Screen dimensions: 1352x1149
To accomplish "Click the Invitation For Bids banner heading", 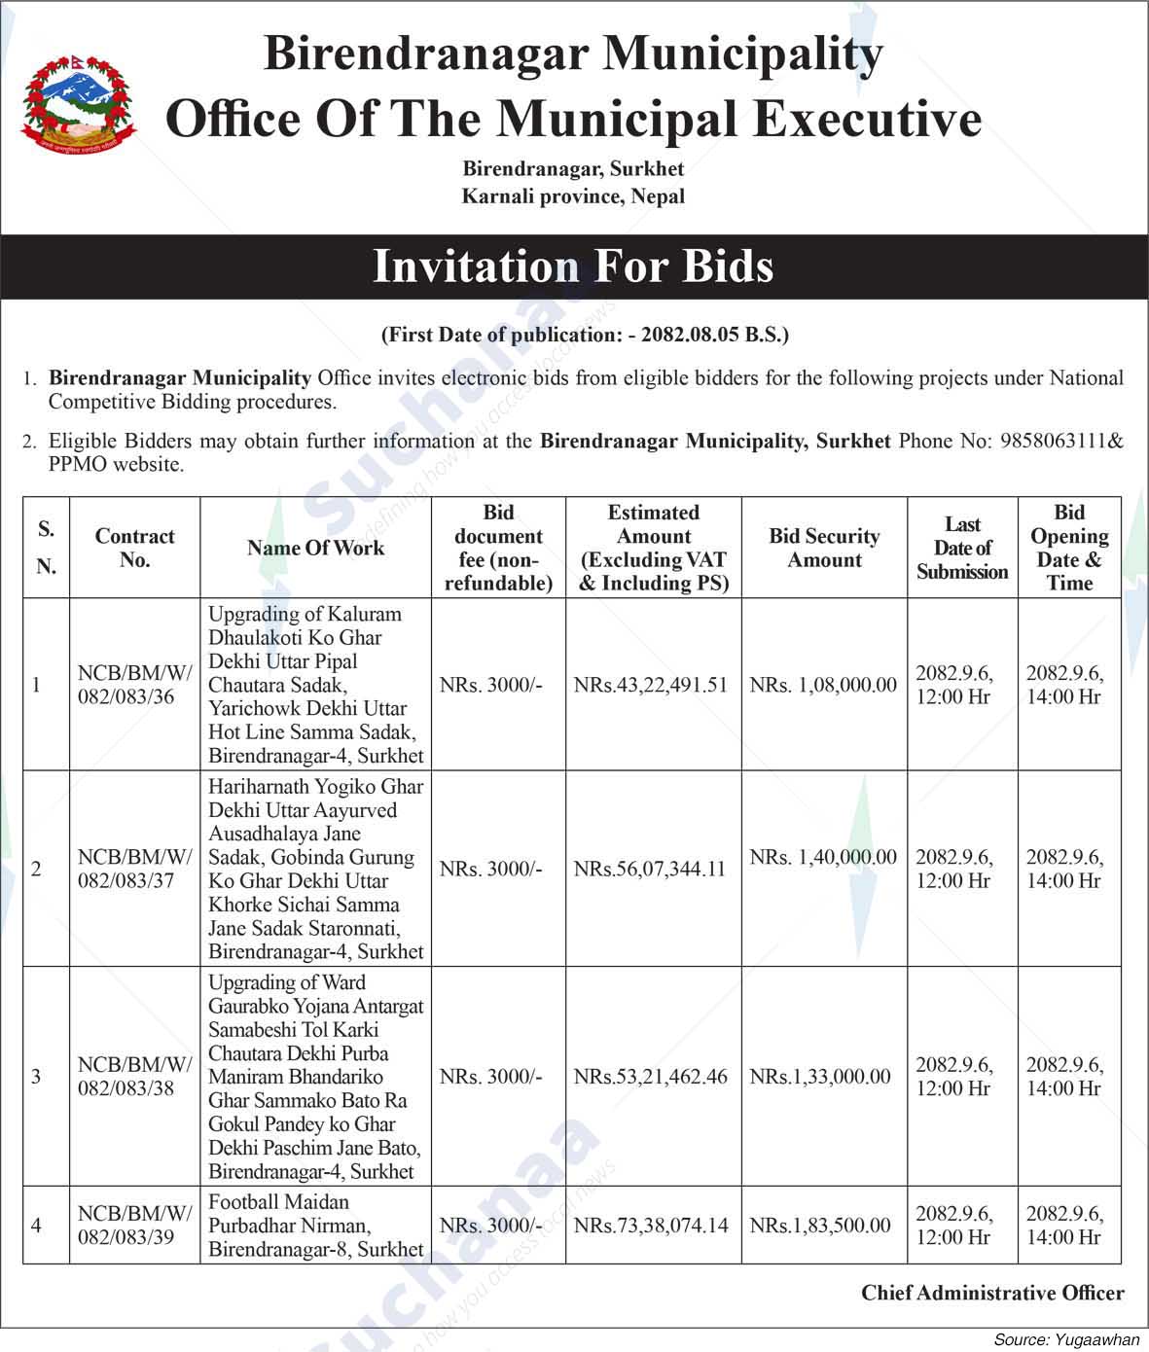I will pos(573,266).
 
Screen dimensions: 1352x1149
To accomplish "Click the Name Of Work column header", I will pos(315,548).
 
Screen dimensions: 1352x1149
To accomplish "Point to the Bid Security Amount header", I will pos(824,548).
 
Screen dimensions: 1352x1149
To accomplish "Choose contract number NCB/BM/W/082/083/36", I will pos(134,685).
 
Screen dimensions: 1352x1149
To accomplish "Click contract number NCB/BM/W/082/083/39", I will pos(134,1225).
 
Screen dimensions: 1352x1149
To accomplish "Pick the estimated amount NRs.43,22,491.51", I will pos(651,685).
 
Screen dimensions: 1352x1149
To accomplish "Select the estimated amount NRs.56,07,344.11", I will pos(650,869).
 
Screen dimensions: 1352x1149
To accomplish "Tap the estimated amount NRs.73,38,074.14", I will pos(651,1225).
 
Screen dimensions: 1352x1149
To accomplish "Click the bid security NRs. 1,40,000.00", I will pos(823,857).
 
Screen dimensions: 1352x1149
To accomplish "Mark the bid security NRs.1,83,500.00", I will pos(820,1225).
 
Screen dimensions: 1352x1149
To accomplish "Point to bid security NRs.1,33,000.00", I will pos(820,1076).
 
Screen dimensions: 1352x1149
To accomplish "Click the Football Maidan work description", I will pos(315,1225).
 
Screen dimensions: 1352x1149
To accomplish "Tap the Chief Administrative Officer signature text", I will pos(992,1293).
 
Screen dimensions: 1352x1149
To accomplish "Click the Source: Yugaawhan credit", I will pos(1066,1339).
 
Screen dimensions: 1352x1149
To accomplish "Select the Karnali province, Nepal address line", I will pos(573,196).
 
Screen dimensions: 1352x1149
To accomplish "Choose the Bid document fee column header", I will pos(498,548).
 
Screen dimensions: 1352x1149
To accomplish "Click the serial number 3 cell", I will pos(36,1076).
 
